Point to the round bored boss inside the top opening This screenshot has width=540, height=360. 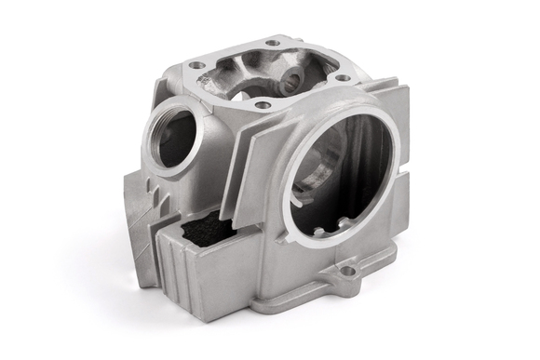pos(297,77)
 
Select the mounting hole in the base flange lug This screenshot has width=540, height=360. pos(348,273)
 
